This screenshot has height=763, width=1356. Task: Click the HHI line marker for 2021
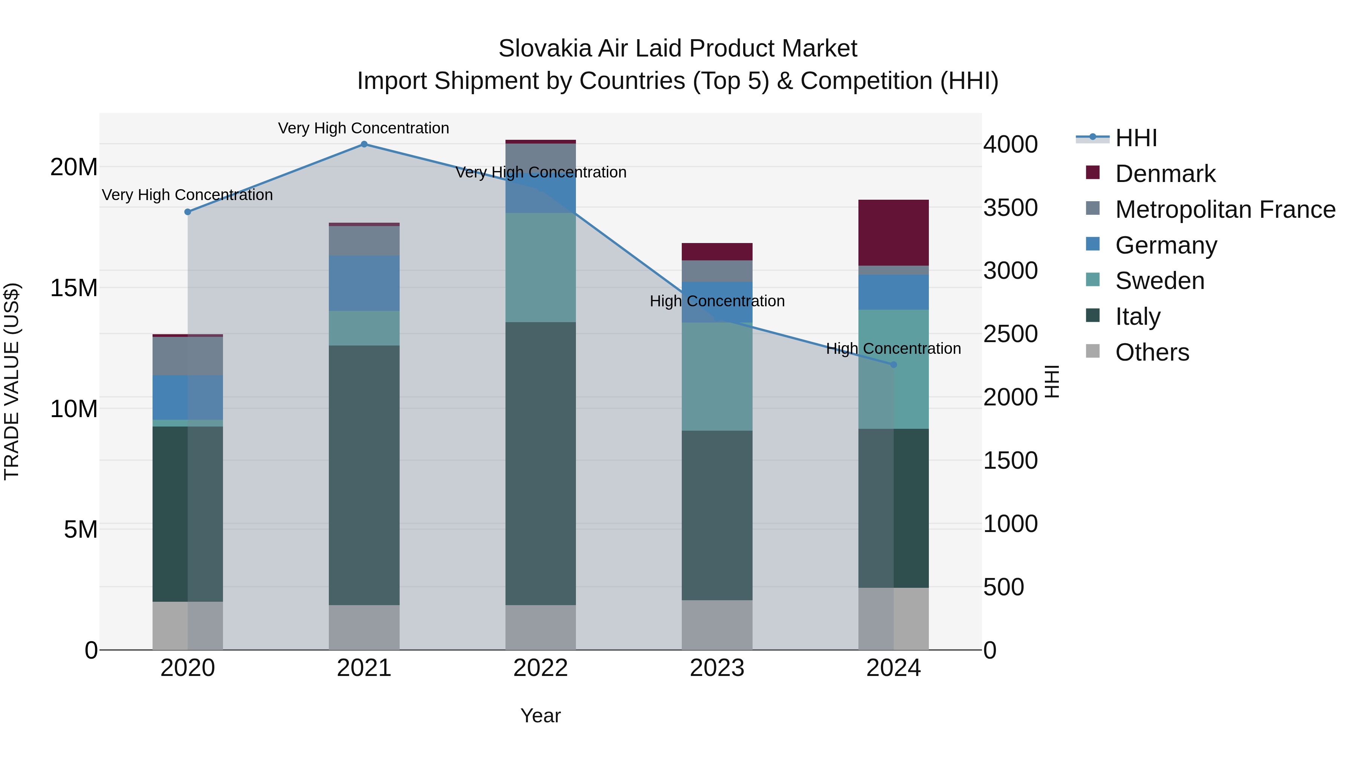point(364,144)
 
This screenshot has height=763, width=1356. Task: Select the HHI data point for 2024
point(893,364)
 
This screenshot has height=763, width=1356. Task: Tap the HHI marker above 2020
point(188,212)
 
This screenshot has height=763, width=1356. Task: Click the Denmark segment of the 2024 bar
point(893,233)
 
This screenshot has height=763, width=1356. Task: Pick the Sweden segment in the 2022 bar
point(541,268)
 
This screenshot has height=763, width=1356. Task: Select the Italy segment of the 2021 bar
point(364,475)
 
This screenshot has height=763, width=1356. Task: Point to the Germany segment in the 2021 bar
point(364,283)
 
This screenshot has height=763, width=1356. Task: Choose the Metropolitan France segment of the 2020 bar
point(188,356)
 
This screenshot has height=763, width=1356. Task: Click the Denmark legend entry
point(1165,174)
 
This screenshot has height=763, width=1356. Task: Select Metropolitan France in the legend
point(1225,209)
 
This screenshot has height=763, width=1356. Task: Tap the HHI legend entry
point(1136,138)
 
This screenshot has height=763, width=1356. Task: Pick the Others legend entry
point(1152,352)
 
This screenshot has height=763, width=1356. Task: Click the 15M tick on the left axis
point(74,288)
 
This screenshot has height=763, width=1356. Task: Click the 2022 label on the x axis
point(541,668)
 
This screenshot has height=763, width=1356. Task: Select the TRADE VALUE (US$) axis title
point(12,381)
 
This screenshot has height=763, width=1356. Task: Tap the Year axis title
point(541,716)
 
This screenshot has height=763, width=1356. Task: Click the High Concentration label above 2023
point(717,301)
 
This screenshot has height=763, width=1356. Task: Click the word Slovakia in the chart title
point(536,49)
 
